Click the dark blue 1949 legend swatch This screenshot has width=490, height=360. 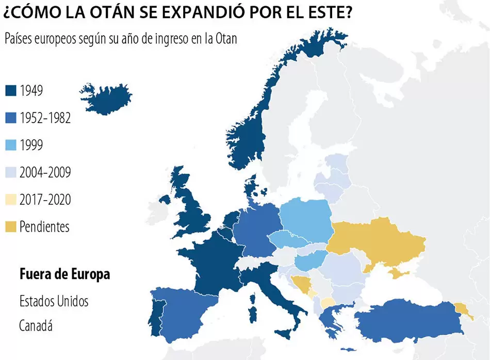click(x=11, y=91)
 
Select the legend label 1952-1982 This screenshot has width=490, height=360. click(x=45, y=118)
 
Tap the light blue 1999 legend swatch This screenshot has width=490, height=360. click(x=11, y=145)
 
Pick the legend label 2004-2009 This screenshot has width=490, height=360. click(x=45, y=173)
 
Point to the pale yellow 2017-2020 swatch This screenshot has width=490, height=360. click(x=11, y=200)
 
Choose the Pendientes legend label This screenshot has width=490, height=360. click(x=44, y=227)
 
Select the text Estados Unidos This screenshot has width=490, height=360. click(x=54, y=301)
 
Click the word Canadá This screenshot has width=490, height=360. click(x=36, y=326)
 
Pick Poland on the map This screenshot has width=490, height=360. click(x=306, y=219)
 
